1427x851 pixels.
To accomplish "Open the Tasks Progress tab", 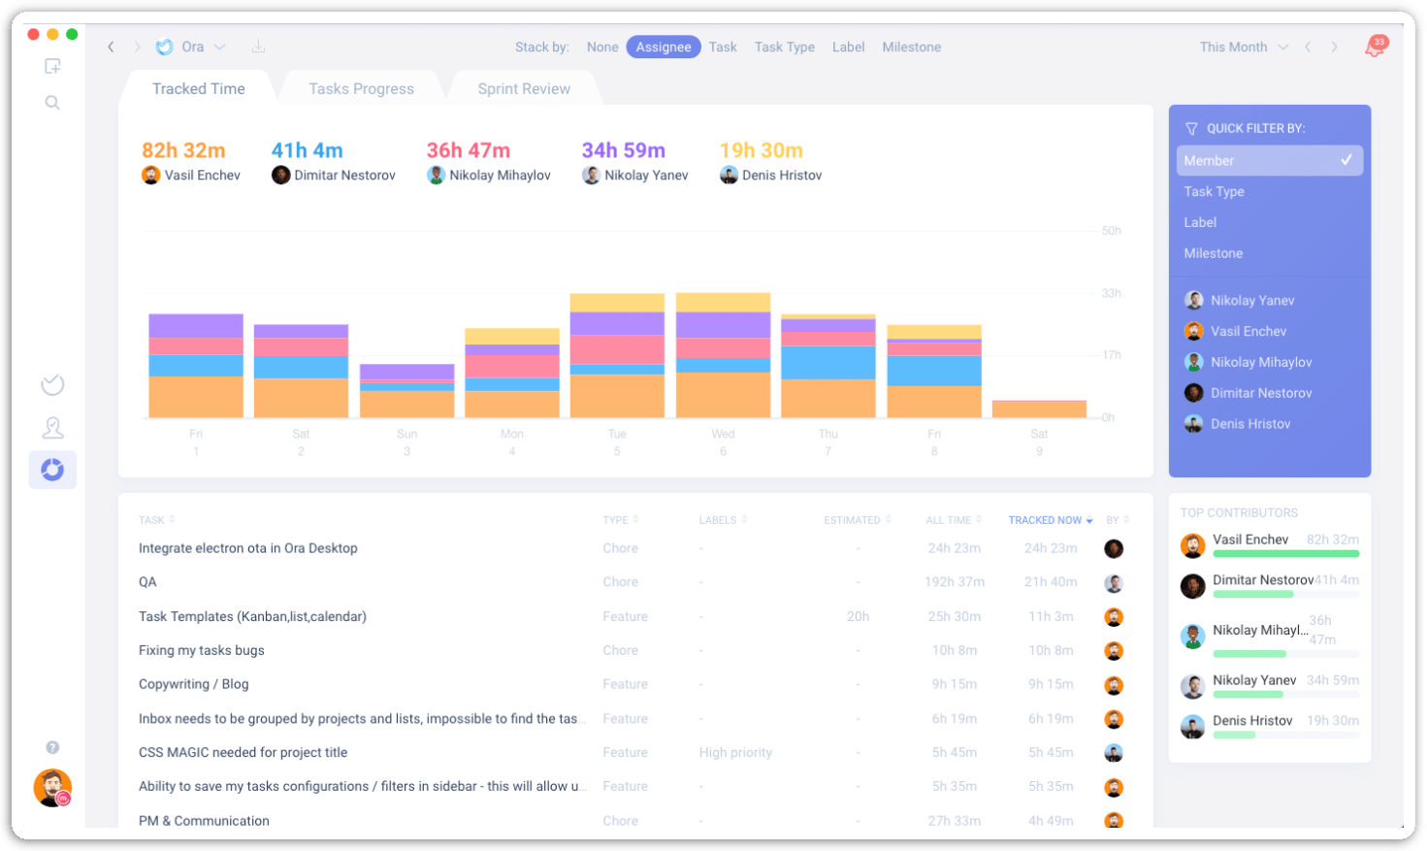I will click(x=361, y=88).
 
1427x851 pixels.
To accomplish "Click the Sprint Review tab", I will click(x=524, y=88).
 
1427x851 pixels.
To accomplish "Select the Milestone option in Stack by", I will click(x=911, y=47).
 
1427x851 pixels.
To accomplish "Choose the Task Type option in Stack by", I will click(x=784, y=47).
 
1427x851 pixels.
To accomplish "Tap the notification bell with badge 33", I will click(x=1375, y=47).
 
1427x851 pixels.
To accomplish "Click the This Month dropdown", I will click(x=1243, y=47).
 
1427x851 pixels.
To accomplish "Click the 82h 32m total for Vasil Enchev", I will click(x=183, y=150).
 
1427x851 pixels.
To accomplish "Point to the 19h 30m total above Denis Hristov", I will click(x=761, y=150).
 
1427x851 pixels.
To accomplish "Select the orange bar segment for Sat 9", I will click(x=1039, y=409).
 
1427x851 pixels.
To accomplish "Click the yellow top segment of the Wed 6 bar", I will click(x=723, y=302).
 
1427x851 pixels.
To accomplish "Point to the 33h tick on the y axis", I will click(x=1111, y=293).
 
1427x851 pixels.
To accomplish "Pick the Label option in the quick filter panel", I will click(x=1200, y=222).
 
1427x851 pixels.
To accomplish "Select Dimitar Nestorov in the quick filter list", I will click(x=1260, y=393).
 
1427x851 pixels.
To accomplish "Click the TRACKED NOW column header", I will click(x=1045, y=520).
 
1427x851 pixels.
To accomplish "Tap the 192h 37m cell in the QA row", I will click(x=954, y=582).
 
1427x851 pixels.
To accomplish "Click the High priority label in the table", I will click(x=735, y=752).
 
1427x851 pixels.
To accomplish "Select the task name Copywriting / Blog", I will click(x=193, y=684).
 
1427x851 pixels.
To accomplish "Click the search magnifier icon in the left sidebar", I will click(x=52, y=103).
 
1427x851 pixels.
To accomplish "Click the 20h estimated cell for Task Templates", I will click(x=857, y=616).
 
